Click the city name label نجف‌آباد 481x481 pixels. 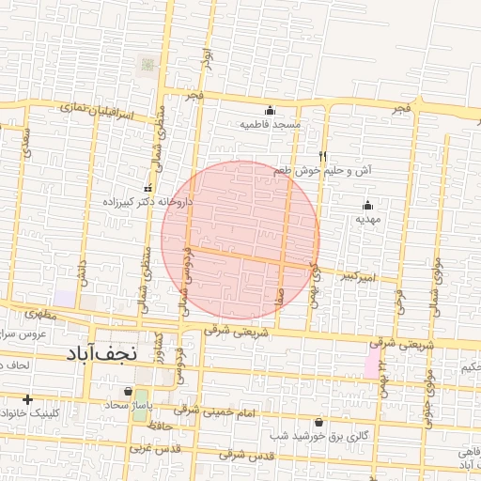point(102,354)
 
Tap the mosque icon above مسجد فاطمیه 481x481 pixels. point(271,110)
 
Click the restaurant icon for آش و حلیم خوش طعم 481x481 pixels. point(322,157)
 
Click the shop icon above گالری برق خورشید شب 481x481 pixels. point(318,423)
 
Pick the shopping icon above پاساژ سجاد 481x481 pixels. point(128,391)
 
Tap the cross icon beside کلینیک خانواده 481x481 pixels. point(27,400)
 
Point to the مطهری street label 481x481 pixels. point(41,315)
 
